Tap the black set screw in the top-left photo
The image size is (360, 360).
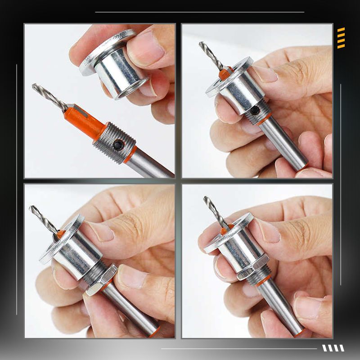click(118, 145)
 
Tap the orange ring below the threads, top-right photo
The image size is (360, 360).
click(264, 120)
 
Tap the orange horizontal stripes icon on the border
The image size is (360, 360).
click(341, 38)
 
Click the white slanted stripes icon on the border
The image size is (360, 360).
click(333, 348)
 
